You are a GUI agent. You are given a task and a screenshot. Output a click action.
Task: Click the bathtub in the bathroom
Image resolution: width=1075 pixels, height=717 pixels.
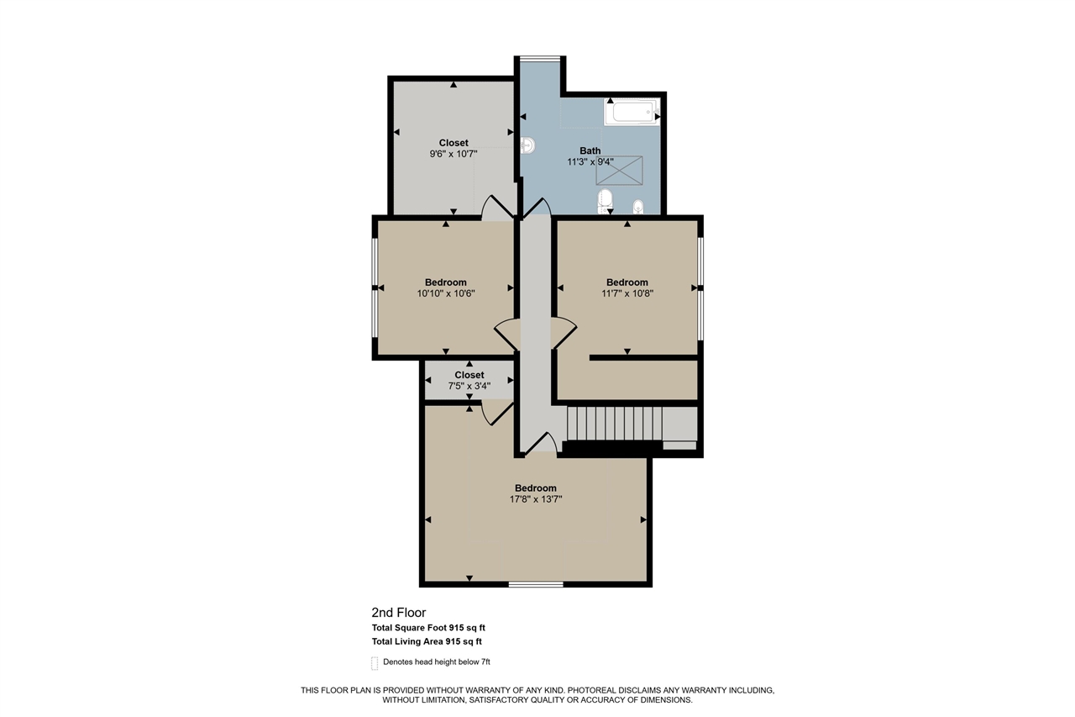[632, 112]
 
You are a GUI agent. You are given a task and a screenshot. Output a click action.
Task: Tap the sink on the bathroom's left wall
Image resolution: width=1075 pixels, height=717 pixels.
[527, 146]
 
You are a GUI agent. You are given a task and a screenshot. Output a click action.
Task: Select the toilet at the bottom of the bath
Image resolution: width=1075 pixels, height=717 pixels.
[604, 200]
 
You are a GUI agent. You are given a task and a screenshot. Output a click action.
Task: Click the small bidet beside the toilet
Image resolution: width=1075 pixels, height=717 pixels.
[637, 206]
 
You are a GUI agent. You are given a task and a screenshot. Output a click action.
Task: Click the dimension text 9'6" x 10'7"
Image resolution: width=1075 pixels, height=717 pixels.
[453, 155]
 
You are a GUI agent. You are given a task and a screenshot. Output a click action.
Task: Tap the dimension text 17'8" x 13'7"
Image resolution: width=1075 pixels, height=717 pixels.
[535, 499]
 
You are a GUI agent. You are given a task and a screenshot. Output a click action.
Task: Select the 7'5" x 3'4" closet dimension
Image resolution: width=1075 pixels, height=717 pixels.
[469, 386]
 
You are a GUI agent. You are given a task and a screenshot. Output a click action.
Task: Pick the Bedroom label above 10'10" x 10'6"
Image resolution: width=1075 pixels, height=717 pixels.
[445, 282]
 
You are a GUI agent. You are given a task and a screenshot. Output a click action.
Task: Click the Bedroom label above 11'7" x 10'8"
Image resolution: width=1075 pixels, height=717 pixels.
[627, 282]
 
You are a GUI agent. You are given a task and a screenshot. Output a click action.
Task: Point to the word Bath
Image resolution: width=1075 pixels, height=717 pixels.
[590, 151]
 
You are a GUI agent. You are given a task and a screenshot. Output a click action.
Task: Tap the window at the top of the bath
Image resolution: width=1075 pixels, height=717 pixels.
[540, 58]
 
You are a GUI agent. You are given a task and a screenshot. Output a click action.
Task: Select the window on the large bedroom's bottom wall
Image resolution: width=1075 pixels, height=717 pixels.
[536, 583]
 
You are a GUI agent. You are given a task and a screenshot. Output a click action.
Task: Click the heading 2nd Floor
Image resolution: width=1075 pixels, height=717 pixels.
[399, 613]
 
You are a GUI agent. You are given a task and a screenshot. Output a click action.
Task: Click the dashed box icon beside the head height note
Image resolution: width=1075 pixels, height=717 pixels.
[375, 662]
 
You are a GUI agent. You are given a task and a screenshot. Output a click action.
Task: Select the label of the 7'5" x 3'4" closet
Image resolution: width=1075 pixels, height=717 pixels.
[469, 375]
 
